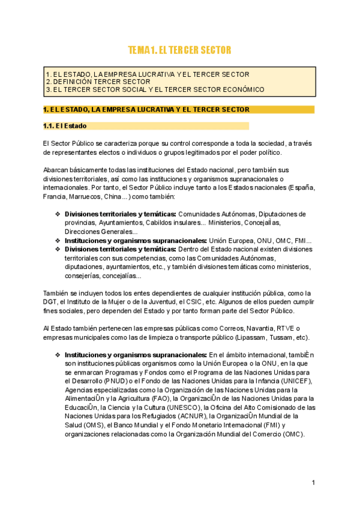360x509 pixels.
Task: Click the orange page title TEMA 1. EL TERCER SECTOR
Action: click(179, 50)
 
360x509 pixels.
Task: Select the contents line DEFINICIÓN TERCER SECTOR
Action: click(98, 82)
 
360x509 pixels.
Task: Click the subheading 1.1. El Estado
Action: click(65, 126)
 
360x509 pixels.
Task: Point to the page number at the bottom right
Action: click(313, 483)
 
